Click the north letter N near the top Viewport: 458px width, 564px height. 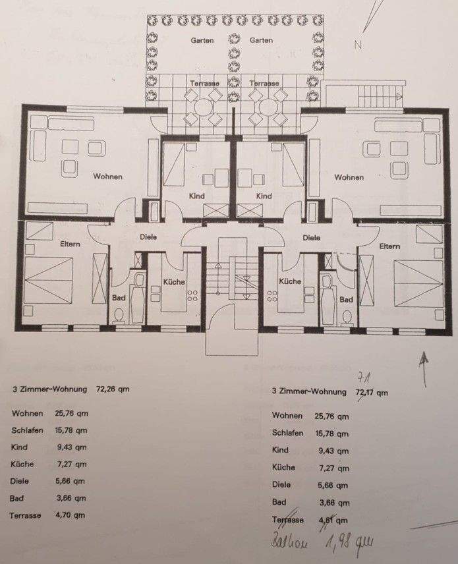coord(359,45)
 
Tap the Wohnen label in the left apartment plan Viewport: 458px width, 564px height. coord(107,177)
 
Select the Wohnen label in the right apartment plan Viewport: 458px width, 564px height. coord(349,177)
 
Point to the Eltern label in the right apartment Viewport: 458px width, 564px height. coord(389,246)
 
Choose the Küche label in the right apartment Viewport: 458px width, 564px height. coord(290,281)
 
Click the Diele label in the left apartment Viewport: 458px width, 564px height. coord(148,237)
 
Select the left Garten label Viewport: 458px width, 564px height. coord(202,40)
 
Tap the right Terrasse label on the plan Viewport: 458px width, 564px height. coord(264,84)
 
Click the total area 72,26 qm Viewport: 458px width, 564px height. coord(113,389)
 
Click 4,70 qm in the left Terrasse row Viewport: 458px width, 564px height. coord(72,515)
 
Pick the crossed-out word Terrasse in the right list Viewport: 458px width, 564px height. coord(288,520)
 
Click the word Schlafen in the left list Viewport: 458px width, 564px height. coord(28,430)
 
